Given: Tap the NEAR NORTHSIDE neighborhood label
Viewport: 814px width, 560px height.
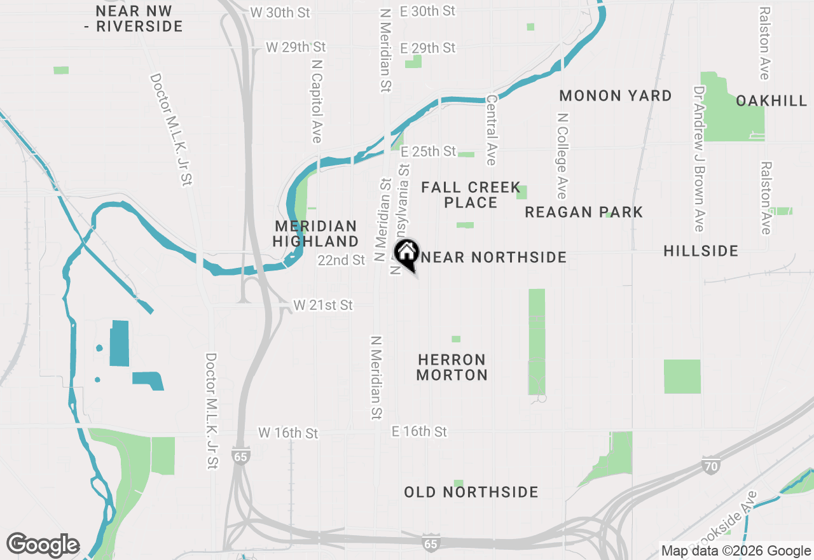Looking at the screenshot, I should pos(493,257).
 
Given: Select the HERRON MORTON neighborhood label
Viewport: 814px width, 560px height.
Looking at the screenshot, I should pos(452,367).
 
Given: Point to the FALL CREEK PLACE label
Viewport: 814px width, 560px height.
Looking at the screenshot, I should pos(471,195).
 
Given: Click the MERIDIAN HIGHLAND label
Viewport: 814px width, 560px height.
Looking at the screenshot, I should pos(316,234).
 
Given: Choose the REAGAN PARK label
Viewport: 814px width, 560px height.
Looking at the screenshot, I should pos(584,212).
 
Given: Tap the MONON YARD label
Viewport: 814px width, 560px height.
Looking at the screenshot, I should pos(616,96).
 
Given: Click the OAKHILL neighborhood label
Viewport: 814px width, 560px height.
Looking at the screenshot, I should pos(771,101).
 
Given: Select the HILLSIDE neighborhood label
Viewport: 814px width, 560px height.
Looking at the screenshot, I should pos(701,251).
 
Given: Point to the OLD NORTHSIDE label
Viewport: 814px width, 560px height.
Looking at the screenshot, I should pos(471,492).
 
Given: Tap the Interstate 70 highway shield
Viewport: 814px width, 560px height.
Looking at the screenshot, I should pos(712,466).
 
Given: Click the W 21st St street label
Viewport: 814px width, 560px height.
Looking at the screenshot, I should pos(323,305).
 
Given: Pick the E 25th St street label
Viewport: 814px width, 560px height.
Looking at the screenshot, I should pos(428,151).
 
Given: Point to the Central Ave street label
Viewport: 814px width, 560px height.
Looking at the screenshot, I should pos(491,130).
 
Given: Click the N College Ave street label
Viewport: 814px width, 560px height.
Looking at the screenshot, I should pos(562,156).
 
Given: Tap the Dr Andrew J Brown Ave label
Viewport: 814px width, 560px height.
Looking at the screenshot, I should pos(700,159).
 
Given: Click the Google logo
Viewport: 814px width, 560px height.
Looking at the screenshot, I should pos(43,545).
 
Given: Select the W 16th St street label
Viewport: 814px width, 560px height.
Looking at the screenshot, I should pos(288,433).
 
